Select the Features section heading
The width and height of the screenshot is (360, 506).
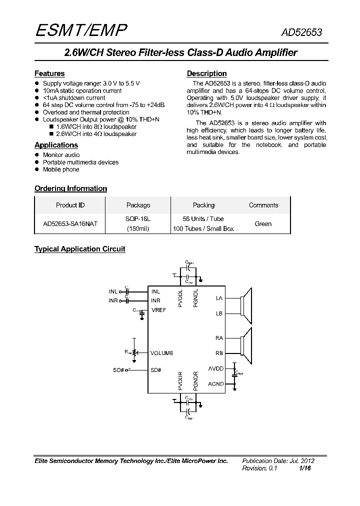click(49, 73)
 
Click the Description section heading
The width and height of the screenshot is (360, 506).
click(206, 73)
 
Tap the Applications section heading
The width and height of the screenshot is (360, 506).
click(56, 145)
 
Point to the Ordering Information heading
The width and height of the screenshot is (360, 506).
click(70, 188)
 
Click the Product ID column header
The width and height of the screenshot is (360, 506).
click(70, 205)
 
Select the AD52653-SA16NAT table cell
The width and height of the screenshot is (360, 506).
click(70, 224)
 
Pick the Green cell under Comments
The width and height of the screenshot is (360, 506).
click(263, 224)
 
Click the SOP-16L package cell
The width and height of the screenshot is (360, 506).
click(138, 219)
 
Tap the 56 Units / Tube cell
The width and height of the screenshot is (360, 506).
click(203, 219)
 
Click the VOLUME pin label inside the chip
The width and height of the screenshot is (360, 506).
click(161, 353)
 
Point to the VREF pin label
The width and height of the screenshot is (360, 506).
click(158, 310)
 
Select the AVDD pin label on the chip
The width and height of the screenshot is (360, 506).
click(216, 369)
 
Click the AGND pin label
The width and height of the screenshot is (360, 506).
click(216, 384)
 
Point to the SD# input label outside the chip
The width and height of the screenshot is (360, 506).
click(118, 370)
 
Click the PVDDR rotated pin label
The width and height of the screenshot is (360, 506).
click(181, 381)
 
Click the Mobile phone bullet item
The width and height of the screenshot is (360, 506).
click(61, 169)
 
